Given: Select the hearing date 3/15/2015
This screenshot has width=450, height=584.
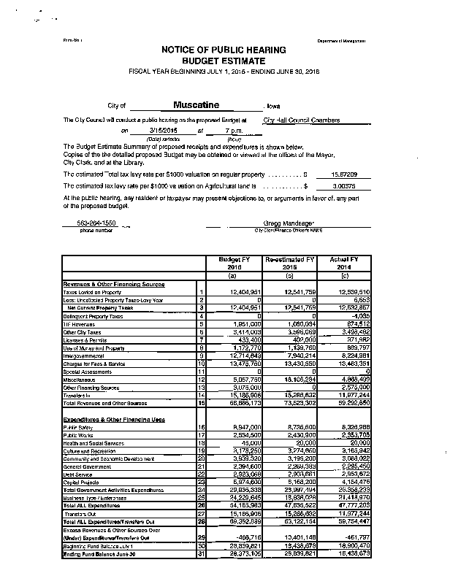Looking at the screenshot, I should pos(153,131).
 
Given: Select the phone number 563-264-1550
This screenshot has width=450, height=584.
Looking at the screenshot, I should pos(96,223).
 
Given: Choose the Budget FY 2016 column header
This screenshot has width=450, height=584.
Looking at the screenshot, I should pos(232,263).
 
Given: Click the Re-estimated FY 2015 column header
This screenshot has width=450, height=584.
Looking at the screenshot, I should pos(290,263).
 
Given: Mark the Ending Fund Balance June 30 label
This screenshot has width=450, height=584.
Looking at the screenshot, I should pos(96,554).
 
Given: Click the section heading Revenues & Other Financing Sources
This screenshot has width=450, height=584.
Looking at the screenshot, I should pos(114,284).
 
